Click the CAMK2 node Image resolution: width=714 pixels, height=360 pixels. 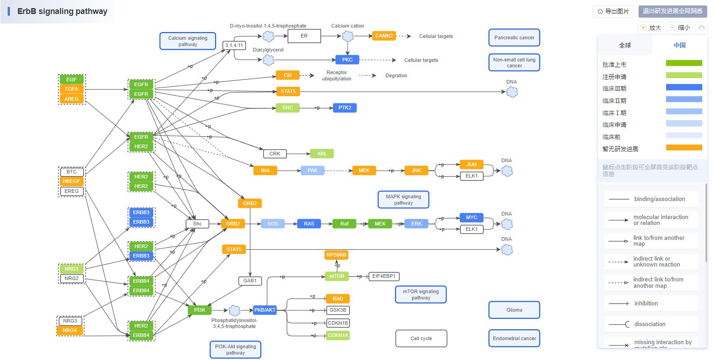(x=384, y=36)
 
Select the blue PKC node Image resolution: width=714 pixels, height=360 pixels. (x=347, y=60)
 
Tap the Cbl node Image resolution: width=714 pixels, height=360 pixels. (x=287, y=75)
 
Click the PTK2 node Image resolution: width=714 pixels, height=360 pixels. (x=344, y=108)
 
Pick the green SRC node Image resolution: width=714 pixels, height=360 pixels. (x=287, y=108)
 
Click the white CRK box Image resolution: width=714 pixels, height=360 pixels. (x=275, y=154)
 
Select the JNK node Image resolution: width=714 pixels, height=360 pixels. (x=416, y=170)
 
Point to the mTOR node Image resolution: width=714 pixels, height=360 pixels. (x=337, y=276)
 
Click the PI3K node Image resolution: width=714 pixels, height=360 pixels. (x=200, y=310)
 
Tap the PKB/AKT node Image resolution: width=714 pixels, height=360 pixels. (x=265, y=310)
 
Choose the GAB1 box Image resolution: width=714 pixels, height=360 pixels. (x=250, y=281)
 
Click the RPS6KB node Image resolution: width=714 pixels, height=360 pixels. (x=336, y=255)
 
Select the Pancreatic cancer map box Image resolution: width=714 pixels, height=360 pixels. (x=514, y=37)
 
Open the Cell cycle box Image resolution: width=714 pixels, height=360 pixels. (x=421, y=338)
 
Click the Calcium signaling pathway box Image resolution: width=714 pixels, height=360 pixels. (x=188, y=41)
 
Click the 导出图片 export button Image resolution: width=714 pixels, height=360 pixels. (x=613, y=11)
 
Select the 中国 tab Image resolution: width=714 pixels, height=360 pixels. (x=679, y=45)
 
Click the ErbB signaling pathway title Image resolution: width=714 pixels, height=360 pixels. (x=62, y=11)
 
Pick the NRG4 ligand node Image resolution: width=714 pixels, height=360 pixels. (x=70, y=330)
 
